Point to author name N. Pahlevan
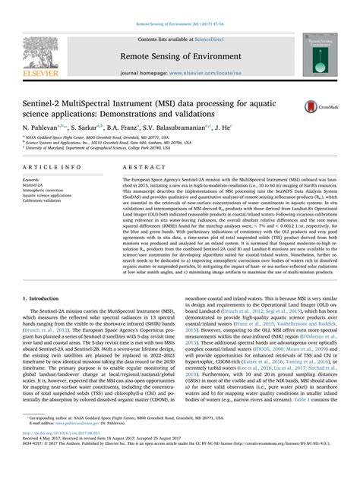pyautogui.click(x=45, y=130)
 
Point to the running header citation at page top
pyautogui.click(x=179, y=5)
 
